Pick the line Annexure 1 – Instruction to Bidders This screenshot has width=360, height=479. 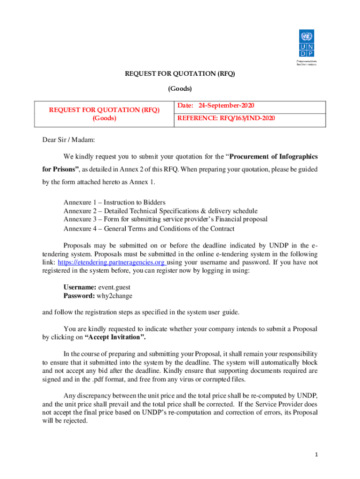(x=114, y=203)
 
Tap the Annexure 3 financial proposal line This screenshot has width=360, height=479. (x=166, y=219)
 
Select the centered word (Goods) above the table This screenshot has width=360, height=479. (x=180, y=88)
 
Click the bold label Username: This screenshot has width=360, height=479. (x=79, y=287)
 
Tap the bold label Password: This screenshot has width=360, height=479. (x=79, y=296)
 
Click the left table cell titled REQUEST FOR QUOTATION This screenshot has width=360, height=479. (x=104, y=114)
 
